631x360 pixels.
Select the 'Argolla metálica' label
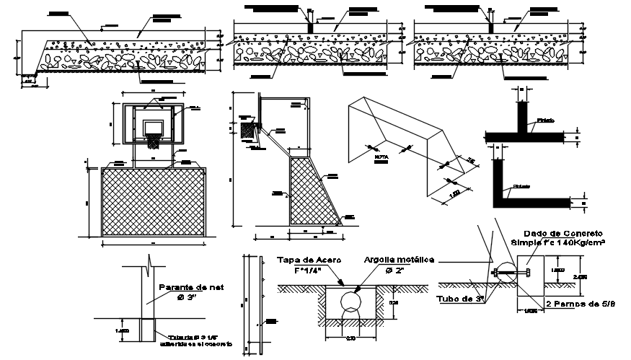click(398, 260)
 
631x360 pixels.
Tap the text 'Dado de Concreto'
click(557, 234)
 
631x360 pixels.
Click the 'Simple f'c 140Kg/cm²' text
click(557, 243)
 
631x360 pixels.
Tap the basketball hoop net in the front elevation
click(154, 140)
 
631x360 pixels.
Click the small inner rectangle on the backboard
click(153, 126)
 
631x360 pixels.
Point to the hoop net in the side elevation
click(250, 132)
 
